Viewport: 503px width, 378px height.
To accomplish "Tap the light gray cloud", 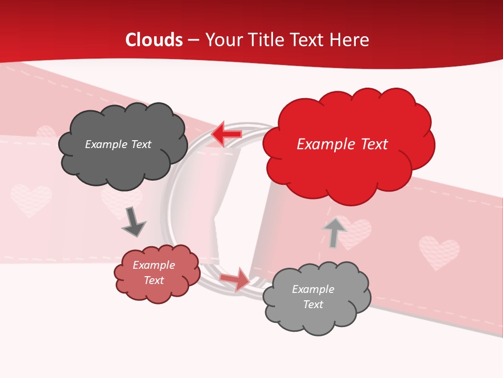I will (x=316, y=297).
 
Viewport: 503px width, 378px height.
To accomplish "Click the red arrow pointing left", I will (x=226, y=134).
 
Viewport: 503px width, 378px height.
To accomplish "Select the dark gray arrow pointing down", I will (x=134, y=220).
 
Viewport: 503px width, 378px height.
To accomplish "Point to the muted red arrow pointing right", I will (x=235, y=278).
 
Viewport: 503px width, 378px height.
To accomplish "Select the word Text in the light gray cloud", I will (x=313, y=304).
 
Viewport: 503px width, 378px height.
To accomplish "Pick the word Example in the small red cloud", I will (x=154, y=265).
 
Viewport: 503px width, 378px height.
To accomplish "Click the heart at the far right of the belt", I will (x=439, y=251).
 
